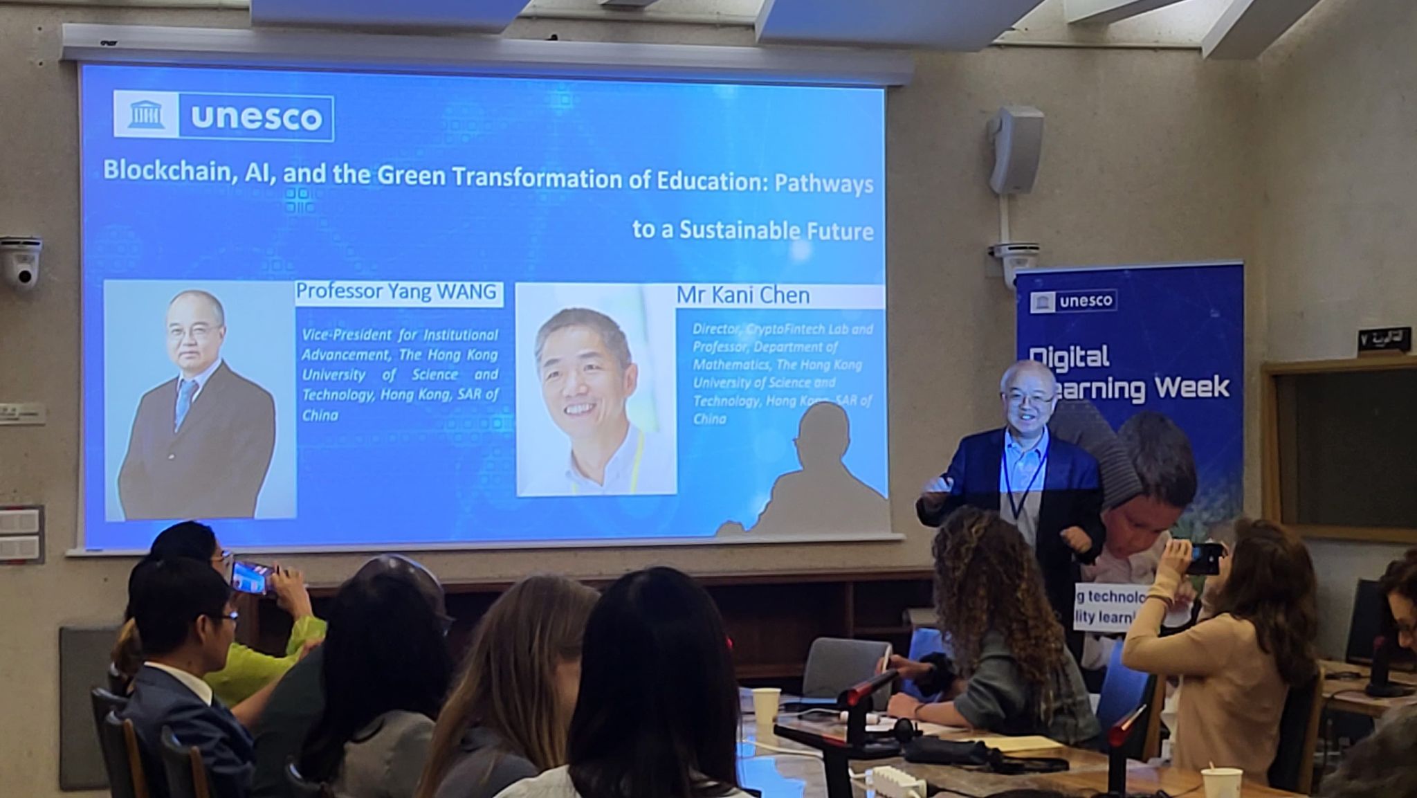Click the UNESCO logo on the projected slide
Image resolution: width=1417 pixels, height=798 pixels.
point(223,116)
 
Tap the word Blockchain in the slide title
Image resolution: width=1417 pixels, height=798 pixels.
point(166,170)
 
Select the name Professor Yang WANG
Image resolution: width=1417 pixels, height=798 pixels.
point(396,291)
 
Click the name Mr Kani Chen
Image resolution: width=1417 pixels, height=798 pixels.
point(742,296)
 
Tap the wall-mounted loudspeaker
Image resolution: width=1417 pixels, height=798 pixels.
point(1015,149)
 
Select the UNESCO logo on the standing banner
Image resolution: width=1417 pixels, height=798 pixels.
point(1073,301)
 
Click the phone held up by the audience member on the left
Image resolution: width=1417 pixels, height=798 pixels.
point(249,577)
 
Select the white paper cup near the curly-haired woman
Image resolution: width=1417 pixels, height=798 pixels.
point(765,706)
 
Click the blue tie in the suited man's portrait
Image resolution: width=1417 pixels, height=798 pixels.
point(185,401)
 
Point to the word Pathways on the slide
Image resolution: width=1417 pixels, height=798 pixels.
point(823,184)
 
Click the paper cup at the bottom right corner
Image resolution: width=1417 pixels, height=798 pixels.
point(1221,783)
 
